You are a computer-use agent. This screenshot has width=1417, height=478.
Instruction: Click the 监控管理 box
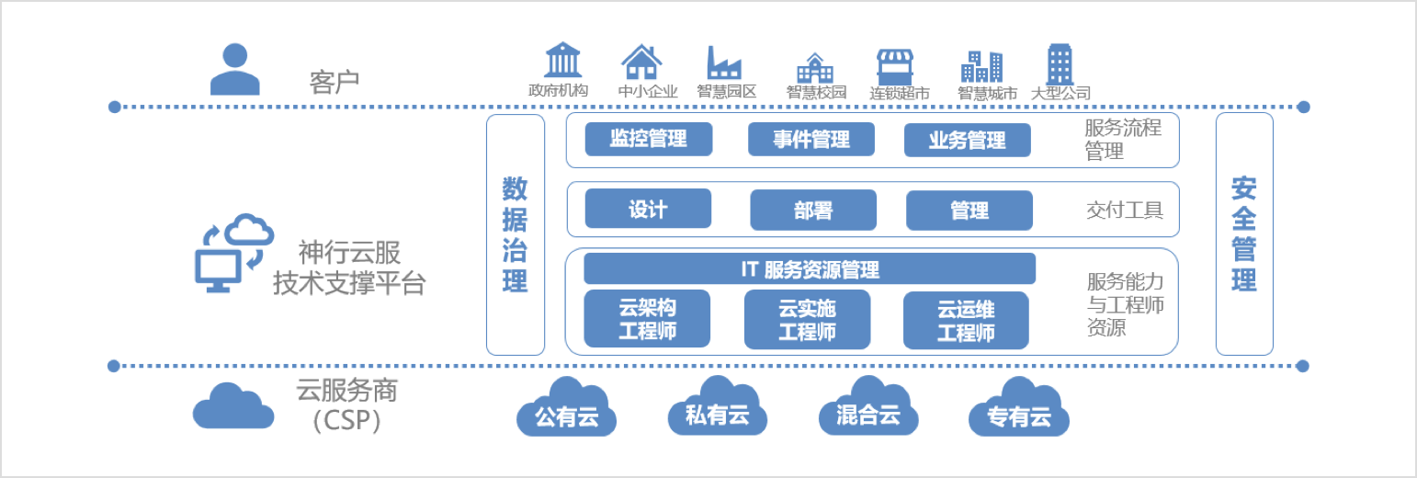point(648,140)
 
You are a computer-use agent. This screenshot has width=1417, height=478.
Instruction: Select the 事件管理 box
point(811,140)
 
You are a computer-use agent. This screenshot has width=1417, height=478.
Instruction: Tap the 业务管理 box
point(967,141)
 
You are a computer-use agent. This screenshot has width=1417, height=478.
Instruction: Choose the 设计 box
point(648,209)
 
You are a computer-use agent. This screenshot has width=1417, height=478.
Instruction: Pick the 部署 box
point(813,211)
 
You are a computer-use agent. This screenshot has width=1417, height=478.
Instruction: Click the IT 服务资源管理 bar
point(810,269)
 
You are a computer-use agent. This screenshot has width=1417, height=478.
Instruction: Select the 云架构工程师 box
point(647,319)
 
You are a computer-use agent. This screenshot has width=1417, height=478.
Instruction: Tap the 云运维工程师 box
point(966,320)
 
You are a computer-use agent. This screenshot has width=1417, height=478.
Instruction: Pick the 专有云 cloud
point(1019,410)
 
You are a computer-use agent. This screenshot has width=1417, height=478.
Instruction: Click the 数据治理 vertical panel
point(515,234)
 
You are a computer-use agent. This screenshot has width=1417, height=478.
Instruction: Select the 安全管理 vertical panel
point(1244,234)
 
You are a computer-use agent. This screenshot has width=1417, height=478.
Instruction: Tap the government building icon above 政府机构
point(562,61)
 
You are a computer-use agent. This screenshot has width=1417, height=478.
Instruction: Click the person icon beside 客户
point(234,69)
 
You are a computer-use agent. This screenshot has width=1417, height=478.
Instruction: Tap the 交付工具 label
point(1125,211)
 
